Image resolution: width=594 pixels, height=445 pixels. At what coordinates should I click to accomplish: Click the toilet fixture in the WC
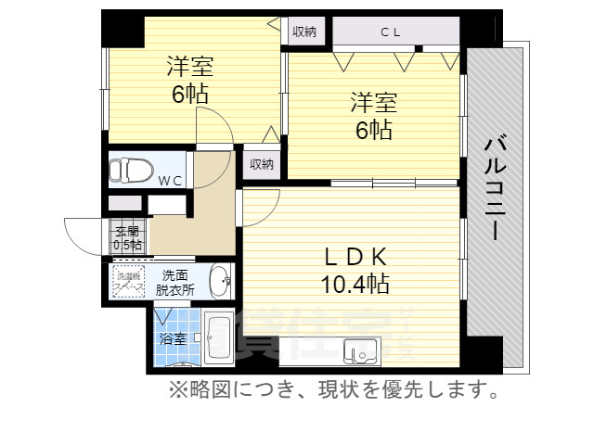coord(127,171)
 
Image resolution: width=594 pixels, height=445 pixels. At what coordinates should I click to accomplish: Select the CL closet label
coord(389,32)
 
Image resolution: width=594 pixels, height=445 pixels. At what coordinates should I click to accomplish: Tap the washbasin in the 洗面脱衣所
coord(220,279)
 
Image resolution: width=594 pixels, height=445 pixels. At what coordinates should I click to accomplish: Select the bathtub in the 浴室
coord(219,340)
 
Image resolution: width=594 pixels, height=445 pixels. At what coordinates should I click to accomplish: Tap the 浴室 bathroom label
coord(173,338)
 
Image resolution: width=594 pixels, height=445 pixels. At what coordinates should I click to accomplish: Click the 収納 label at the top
coord(304,32)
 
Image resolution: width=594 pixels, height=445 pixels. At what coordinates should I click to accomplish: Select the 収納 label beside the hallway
coord(261,164)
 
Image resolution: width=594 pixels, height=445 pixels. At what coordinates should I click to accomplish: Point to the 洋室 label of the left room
coord(190,67)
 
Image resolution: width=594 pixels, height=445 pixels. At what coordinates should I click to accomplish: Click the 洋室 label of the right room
coord(372,100)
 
